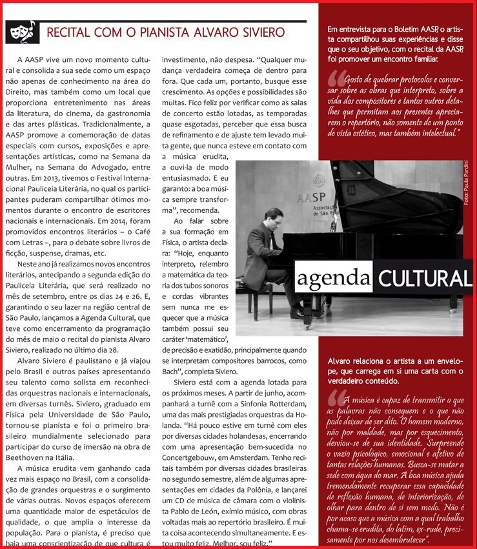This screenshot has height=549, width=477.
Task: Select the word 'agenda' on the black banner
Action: tap(334, 279)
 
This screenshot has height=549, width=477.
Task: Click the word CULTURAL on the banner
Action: tap(424, 279)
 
